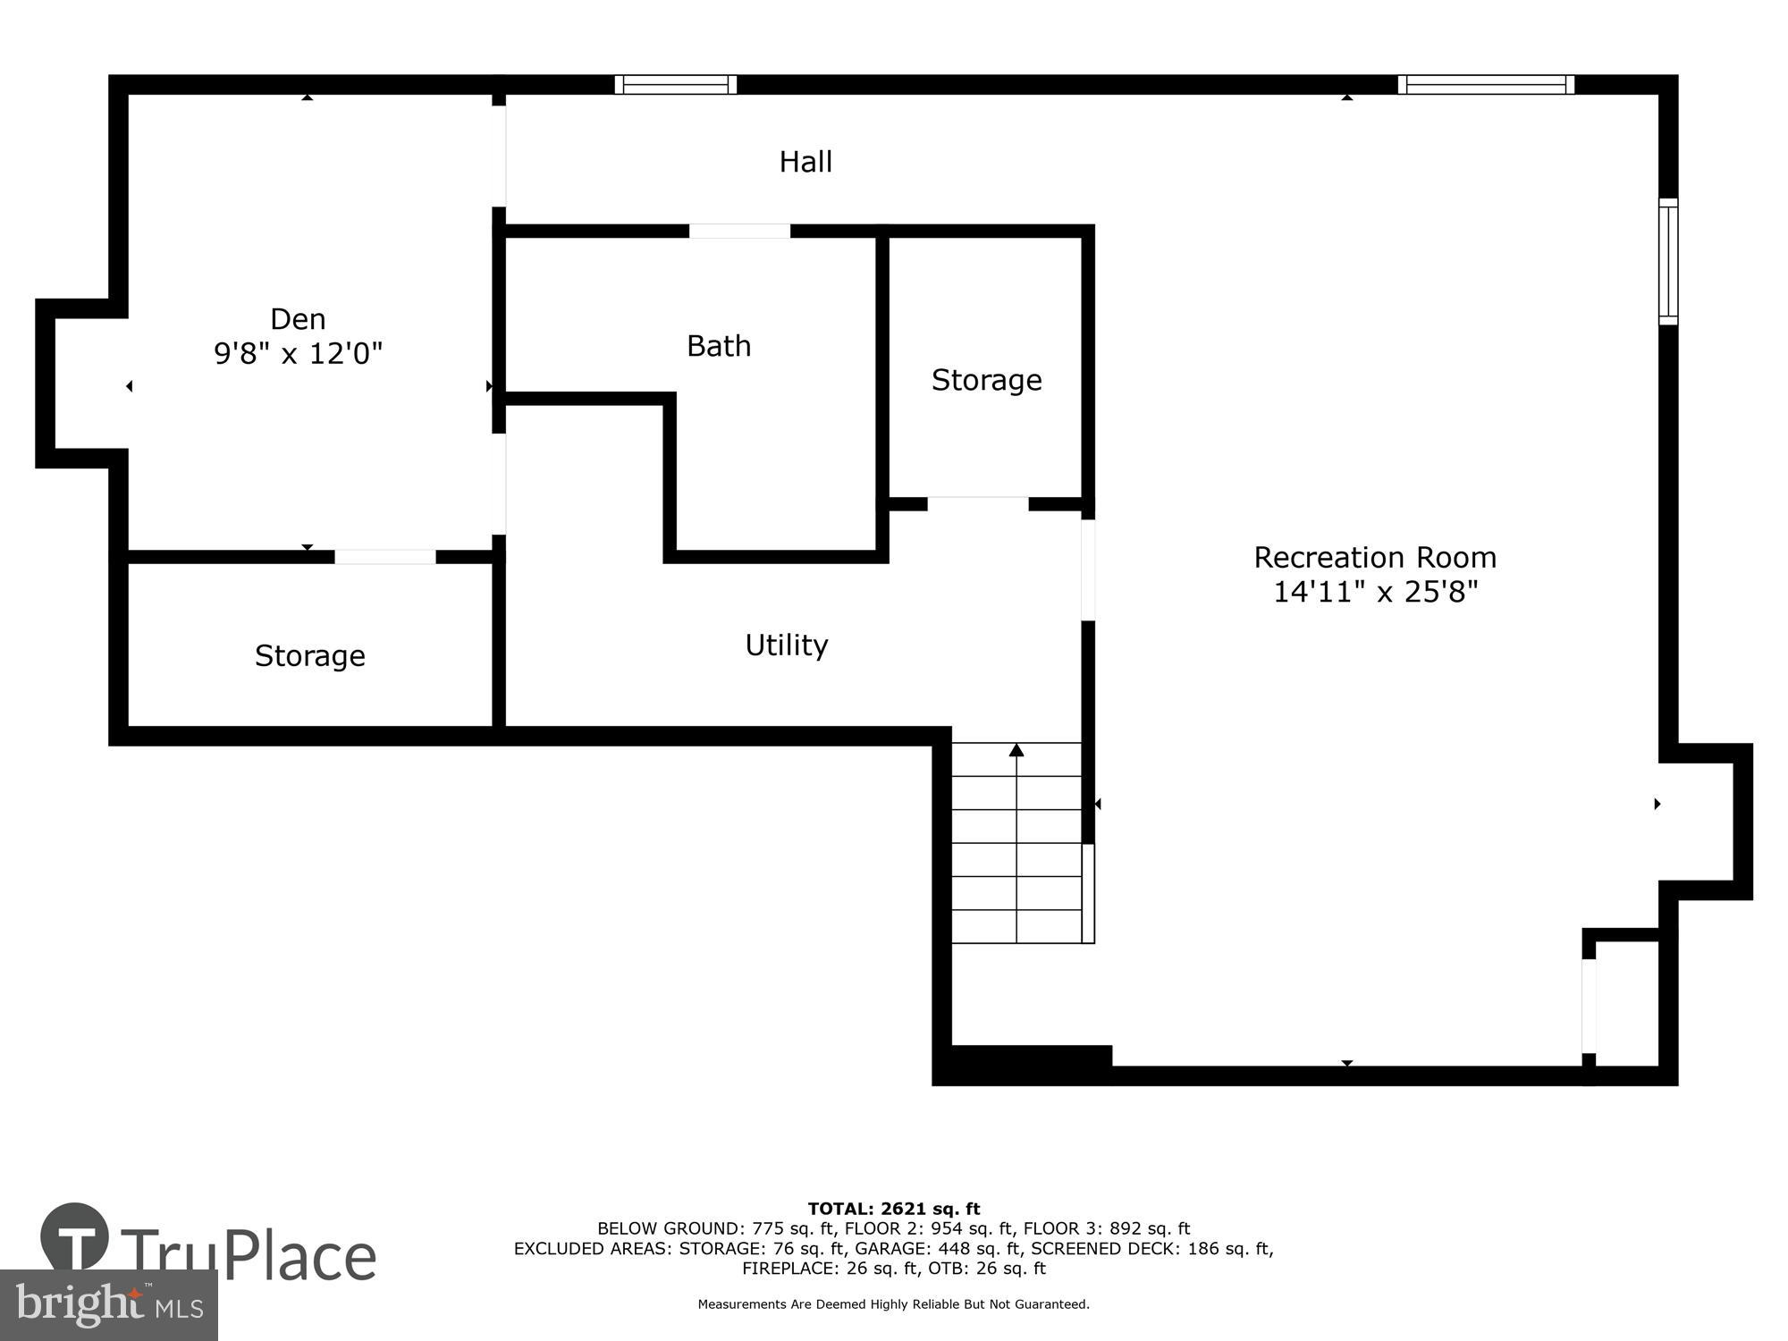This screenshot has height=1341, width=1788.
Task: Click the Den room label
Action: click(x=298, y=319)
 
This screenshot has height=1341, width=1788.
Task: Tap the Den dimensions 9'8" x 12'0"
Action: click(x=298, y=354)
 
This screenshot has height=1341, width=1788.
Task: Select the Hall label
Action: click(x=805, y=162)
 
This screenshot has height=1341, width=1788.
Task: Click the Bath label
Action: click(x=719, y=346)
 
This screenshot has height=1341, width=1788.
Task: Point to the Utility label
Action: click(x=786, y=645)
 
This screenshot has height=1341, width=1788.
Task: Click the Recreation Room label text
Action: click(x=1374, y=558)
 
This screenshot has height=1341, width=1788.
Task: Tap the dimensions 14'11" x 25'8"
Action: click(x=1374, y=592)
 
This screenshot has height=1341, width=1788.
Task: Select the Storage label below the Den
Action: click(x=309, y=656)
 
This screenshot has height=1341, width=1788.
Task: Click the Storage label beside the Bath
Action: click(x=986, y=380)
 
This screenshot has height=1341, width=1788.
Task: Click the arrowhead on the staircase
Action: click(x=1016, y=750)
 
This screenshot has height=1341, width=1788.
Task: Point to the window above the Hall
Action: click(x=676, y=85)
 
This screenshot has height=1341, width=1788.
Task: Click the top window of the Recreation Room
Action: click(x=1486, y=85)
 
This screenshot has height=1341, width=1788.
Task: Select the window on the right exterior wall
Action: click(x=1668, y=261)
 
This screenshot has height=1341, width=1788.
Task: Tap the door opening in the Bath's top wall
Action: click(x=739, y=232)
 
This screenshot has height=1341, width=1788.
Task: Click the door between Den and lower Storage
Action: click(x=385, y=557)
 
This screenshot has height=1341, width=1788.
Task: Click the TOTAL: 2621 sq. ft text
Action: click(x=894, y=1209)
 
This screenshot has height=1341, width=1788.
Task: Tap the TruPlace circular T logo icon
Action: click(x=75, y=1238)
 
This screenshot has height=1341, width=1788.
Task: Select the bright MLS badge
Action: click(x=108, y=1305)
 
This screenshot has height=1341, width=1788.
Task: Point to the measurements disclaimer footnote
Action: click(x=894, y=1304)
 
